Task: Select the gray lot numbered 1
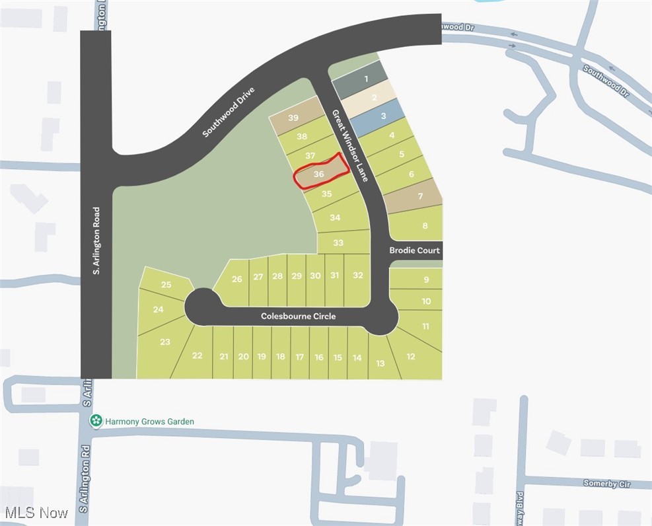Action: pyautogui.click(x=365, y=79)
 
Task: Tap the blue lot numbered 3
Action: pyautogui.click(x=382, y=116)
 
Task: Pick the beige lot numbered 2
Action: pyautogui.click(x=374, y=98)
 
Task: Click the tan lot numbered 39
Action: pyautogui.click(x=293, y=118)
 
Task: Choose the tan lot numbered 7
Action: pyautogui.click(x=419, y=196)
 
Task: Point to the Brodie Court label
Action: pyautogui.click(x=414, y=250)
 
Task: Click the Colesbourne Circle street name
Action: pyautogui.click(x=298, y=317)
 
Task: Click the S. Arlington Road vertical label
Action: pyautogui.click(x=96, y=241)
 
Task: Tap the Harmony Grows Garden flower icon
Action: pyautogui.click(x=96, y=421)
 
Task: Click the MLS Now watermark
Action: pyautogui.click(x=36, y=513)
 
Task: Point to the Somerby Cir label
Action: pyautogui.click(x=606, y=484)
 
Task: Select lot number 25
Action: pyautogui.click(x=166, y=285)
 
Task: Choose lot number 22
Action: pyautogui.click(x=197, y=356)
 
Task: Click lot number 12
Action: pyautogui.click(x=411, y=357)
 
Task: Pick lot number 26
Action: pyautogui.click(x=236, y=279)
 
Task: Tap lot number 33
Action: pyautogui.click(x=338, y=243)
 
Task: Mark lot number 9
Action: pyautogui.click(x=426, y=280)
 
